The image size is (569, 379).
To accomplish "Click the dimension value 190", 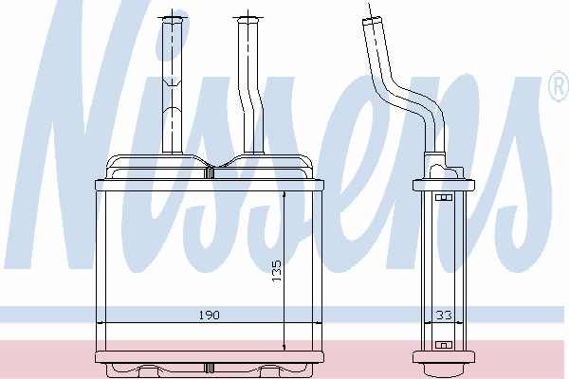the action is click(210, 315).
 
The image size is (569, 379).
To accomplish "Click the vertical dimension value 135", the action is click(277, 271).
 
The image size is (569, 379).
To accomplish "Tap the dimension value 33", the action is click(444, 315).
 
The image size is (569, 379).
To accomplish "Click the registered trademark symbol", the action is click(559, 86).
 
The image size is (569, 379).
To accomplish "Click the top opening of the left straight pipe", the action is click(172, 19).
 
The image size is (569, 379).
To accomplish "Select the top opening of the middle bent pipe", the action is click(248, 19).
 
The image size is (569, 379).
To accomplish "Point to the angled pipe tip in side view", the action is click(372, 21).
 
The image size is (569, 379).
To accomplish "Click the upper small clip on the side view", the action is click(444, 198).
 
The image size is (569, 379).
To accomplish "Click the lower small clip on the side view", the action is click(444, 345).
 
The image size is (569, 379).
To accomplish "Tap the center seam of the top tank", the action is click(209, 172).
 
